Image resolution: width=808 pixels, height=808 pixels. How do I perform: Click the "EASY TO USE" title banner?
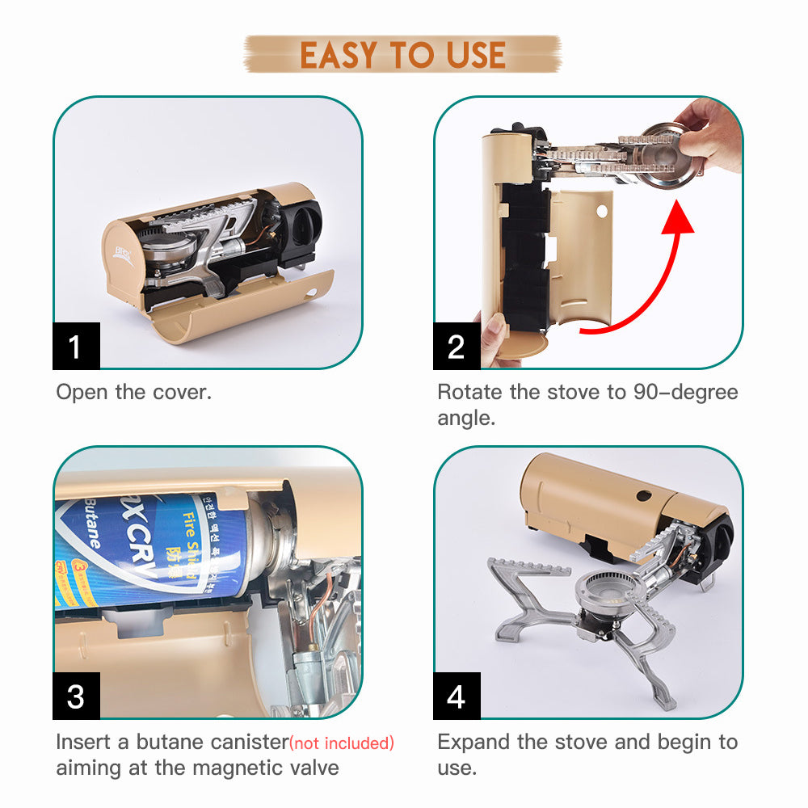coord(402,54)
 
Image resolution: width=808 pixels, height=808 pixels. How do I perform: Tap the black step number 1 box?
coord(76,347)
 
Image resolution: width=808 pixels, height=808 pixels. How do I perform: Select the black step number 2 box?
coord(457,347)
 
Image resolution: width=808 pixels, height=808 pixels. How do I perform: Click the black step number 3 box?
coord(76,696)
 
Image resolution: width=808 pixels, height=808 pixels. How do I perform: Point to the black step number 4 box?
coord(457,696)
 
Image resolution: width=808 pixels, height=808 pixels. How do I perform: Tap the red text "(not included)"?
coord(343,743)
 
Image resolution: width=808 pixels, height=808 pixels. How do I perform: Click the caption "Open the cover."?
coord(133,393)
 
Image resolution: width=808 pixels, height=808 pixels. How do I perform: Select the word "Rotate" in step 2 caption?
coord(470,393)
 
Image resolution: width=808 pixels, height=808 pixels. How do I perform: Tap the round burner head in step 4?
coord(605,591)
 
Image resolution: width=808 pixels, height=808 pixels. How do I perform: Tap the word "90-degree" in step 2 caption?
coord(685,393)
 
